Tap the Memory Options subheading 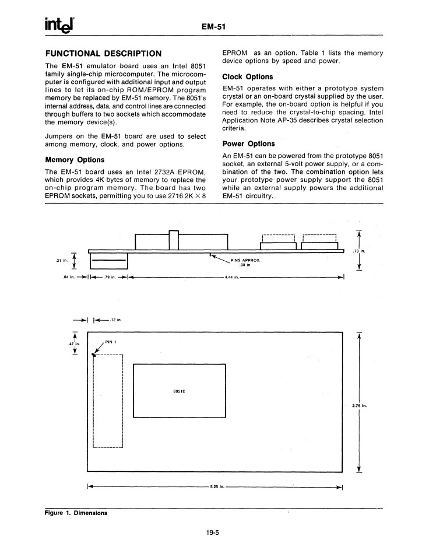(75, 159)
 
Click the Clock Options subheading (248, 76)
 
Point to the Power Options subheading (248, 143)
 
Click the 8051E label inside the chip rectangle (179, 391)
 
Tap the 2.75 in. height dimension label (359, 405)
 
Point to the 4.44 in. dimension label (232, 277)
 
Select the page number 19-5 (210, 532)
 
